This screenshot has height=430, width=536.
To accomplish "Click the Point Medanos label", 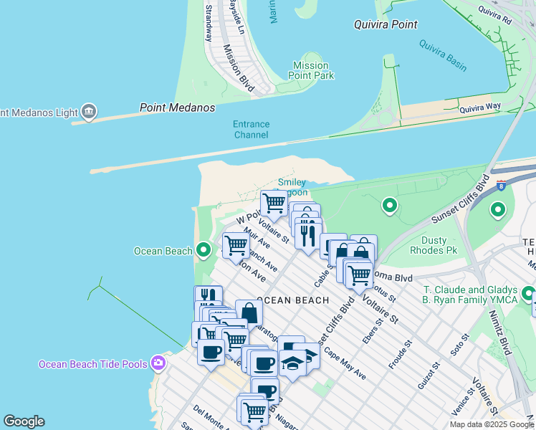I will [x=177, y=107].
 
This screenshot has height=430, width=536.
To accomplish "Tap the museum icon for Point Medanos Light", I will [x=89, y=111].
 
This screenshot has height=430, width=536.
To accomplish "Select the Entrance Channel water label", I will [x=251, y=129].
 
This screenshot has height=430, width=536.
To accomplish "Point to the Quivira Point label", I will [x=386, y=24].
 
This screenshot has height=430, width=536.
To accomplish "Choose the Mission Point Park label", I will [x=311, y=70].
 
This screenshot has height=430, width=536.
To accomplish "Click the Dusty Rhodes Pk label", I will [x=434, y=245].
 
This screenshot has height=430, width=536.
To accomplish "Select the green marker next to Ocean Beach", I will [x=204, y=250].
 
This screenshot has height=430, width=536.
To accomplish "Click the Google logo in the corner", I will [x=24, y=421].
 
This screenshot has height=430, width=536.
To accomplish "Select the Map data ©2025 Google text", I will [x=491, y=424].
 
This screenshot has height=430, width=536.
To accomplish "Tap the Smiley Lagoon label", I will [x=292, y=187].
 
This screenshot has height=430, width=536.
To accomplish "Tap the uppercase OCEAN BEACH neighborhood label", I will [x=292, y=300].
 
